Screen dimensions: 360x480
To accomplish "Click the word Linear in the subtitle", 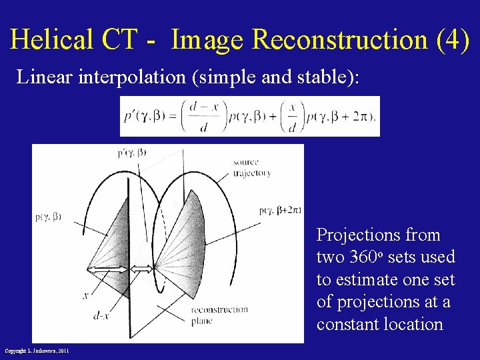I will (45, 77).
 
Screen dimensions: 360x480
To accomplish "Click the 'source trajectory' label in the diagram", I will (251, 167).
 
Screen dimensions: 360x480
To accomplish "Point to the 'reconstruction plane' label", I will (219, 314).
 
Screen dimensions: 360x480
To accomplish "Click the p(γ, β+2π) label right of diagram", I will (279, 211).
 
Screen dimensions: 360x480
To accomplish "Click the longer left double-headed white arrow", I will (108, 269).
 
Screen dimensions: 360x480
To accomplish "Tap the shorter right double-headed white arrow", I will (141, 269).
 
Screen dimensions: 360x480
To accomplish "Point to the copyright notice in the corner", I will (37, 351).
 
